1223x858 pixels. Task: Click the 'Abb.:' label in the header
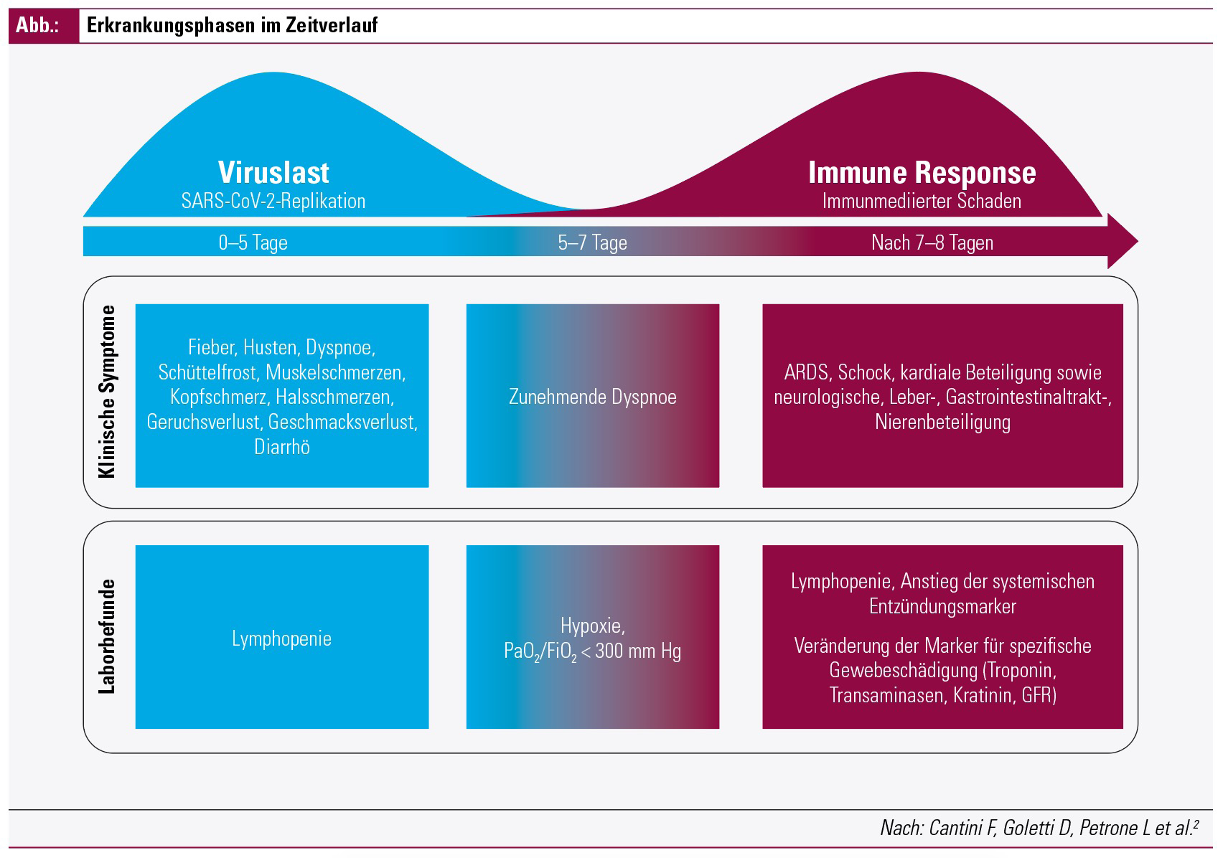click(x=37, y=25)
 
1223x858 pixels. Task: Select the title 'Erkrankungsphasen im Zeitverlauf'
click(x=232, y=25)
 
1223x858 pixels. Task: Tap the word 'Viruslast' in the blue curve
click(x=273, y=172)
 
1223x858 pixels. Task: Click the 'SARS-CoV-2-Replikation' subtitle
click(x=273, y=202)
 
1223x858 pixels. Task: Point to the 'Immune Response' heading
click(x=922, y=173)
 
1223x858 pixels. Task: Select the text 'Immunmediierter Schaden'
click(x=922, y=202)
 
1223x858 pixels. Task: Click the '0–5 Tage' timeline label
click(x=253, y=242)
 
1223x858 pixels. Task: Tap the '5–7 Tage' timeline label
click(x=592, y=242)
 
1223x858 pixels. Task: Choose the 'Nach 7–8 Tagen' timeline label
click(x=932, y=242)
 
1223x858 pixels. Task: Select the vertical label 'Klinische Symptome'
click(x=107, y=392)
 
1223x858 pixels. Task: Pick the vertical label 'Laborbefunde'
click(x=107, y=636)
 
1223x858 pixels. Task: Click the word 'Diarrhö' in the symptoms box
click(x=282, y=447)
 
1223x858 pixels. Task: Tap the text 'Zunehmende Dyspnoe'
click(x=592, y=397)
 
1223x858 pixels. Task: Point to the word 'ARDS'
click(x=806, y=372)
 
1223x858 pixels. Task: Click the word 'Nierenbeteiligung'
click(x=943, y=423)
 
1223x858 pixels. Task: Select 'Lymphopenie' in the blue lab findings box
click(x=282, y=638)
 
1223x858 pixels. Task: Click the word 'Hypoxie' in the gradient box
click(x=592, y=626)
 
